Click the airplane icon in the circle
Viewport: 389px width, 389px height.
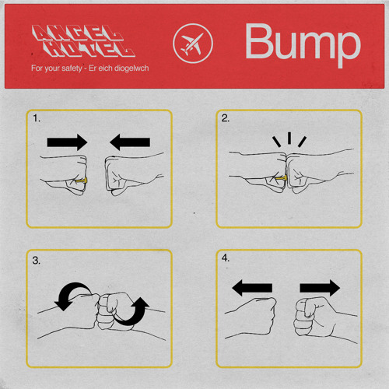[x=192, y=44]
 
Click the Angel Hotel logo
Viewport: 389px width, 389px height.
[x=83, y=41]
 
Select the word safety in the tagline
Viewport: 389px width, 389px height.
[x=72, y=68]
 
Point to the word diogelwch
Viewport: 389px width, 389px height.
[x=131, y=68]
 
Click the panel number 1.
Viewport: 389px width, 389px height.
[x=37, y=118]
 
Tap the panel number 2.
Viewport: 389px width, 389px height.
[x=226, y=118]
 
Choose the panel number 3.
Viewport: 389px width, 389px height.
[x=37, y=261]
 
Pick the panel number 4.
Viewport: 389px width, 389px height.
[x=226, y=258]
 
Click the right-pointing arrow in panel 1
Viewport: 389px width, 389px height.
[x=67, y=142]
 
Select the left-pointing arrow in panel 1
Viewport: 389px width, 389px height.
[x=130, y=142]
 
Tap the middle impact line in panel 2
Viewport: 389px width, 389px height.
[x=289, y=138]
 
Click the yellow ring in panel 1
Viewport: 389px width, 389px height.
[x=82, y=180]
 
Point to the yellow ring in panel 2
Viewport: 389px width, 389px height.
[x=281, y=178]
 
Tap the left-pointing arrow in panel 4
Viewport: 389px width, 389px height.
[x=252, y=288]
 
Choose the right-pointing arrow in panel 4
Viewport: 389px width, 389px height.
[x=320, y=288]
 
